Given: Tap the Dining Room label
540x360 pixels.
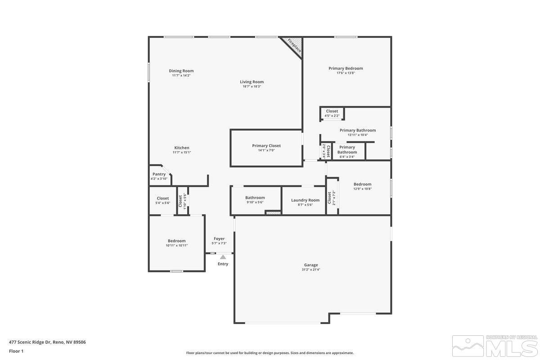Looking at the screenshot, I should pos(181,71).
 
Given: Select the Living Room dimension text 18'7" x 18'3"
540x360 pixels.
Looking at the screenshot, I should pos(252,86).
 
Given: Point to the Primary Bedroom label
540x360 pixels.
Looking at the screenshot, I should pos(346,68).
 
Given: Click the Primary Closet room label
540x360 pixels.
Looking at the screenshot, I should pos(266,146).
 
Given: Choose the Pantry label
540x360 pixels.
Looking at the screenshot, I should pos(159,174).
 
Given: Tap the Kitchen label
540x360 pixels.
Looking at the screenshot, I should pos(182,148).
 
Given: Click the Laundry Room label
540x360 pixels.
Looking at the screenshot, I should pos(305,200).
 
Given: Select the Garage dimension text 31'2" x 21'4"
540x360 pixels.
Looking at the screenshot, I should pos(310,270).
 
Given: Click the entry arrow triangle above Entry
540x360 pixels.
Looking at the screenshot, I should pos(223,257).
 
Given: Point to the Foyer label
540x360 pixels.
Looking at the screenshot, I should pos(219,239).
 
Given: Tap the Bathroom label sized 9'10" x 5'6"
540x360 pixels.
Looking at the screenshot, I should pos(255,198).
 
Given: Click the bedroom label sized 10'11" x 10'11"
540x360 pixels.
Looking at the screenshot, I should pos(176,241).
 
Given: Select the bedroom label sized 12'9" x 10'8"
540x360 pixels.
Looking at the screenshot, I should pos(362,184).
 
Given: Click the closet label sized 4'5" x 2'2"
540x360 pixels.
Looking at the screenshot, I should pos(332,111).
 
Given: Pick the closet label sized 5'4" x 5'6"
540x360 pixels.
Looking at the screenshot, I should pos(162,198).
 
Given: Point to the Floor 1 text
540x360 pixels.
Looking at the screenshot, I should pos(16,351).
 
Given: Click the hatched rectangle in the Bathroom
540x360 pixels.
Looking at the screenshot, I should pos(273,212).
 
